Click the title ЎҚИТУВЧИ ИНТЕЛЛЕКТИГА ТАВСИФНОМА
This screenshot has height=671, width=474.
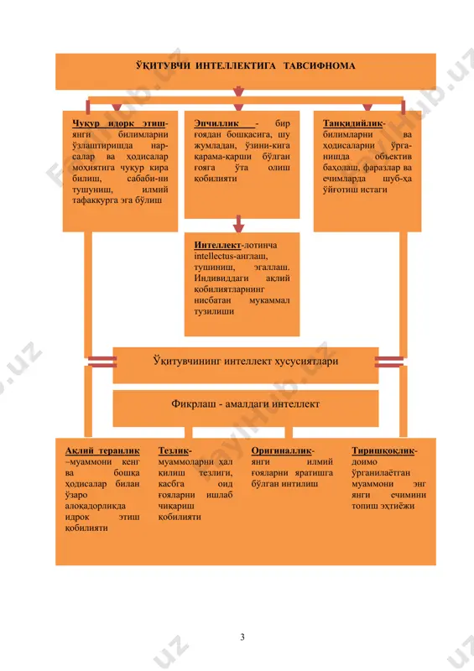point(245,66)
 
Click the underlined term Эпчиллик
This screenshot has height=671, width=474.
point(216,123)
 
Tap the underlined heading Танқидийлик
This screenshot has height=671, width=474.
point(352,123)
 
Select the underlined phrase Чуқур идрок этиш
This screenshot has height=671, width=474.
point(118,123)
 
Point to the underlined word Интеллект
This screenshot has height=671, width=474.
point(217,245)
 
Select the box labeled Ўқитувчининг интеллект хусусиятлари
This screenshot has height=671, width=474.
point(246,365)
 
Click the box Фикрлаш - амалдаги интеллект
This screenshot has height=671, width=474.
point(246,408)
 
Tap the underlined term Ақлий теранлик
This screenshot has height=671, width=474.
point(102,450)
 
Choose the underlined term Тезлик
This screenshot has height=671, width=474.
point(174,450)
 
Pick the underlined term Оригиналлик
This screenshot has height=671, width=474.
point(281,450)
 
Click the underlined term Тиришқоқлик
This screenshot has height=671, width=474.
point(383,450)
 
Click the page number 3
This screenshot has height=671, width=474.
point(242,637)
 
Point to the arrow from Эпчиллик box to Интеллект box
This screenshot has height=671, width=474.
point(238,224)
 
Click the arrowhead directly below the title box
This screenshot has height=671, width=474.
point(238,92)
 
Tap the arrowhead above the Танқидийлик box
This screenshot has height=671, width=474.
point(367,107)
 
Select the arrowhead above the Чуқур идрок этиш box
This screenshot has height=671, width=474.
point(117,107)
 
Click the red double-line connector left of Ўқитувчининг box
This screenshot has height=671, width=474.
point(102,362)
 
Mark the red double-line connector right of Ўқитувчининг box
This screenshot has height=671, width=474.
point(389,362)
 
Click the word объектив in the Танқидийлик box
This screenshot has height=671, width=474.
point(393,157)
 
